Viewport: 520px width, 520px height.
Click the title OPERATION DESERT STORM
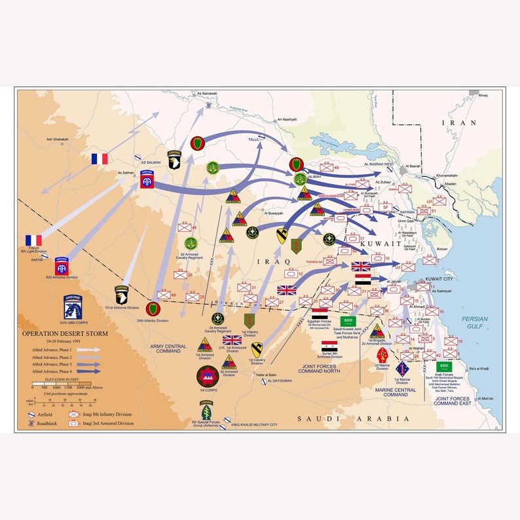[x=64, y=333]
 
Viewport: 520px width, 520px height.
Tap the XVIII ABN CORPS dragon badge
[x=73, y=306]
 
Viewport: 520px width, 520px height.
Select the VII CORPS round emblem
[x=208, y=377]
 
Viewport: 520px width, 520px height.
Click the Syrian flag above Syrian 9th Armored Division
[x=329, y=344]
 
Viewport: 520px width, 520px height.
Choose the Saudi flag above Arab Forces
[x=446, y=366]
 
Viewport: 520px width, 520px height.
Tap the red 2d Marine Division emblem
[x=382, y=355]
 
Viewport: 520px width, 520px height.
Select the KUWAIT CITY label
[x=439, y=279]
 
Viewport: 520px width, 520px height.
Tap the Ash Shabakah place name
[x=58, y=139]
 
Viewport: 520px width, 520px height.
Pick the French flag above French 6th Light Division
[x=33, y=240]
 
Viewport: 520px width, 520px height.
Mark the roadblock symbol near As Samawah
[x=208, y=104]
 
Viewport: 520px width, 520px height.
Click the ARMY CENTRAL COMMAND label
[x=168, y=348]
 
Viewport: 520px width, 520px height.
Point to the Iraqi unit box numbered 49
[x=325, y=168]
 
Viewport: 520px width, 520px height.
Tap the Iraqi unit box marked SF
[x=386, y=207]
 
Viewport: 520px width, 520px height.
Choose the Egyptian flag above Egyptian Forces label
[x=320, y=313]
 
